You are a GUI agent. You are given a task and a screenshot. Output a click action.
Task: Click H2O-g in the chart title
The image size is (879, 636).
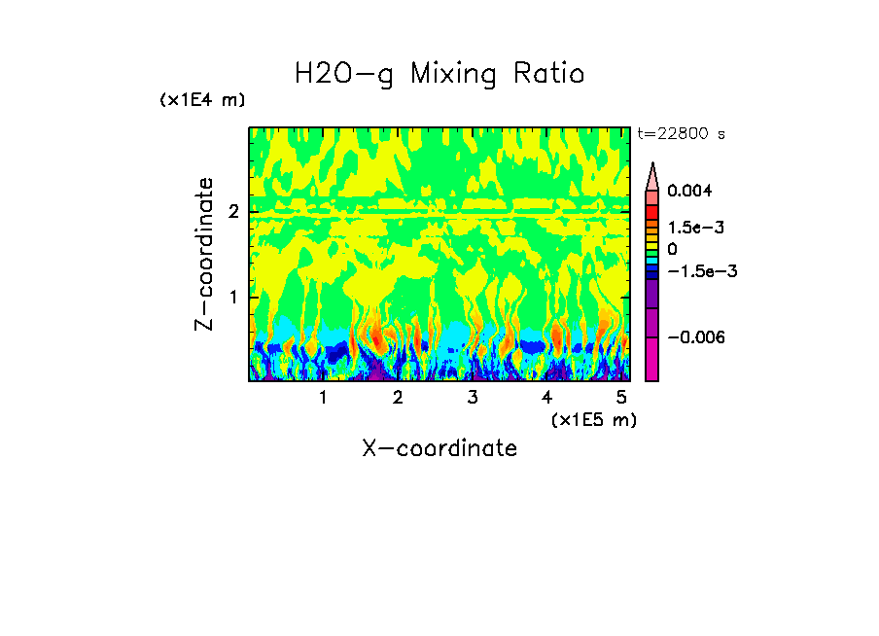click(344, 74)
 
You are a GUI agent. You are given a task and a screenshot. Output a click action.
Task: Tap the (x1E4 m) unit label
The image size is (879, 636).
click(202, 100)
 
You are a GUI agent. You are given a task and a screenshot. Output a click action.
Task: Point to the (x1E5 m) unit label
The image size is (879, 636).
click(593, 419)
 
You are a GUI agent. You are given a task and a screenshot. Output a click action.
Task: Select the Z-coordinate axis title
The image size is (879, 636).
click(204, 254)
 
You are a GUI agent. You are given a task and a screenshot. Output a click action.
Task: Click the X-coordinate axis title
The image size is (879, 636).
click(439, 448)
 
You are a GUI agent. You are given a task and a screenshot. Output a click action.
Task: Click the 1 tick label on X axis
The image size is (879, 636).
click(323, 398)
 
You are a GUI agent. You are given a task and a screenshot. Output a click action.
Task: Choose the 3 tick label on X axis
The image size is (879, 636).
click(473, 398)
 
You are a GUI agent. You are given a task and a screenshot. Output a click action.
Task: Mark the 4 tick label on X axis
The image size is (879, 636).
click(547, 398)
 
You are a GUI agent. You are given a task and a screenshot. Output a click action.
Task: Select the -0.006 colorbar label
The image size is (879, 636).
click(694, 336)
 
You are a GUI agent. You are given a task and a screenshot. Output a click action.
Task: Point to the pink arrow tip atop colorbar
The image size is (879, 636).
click(652, 175)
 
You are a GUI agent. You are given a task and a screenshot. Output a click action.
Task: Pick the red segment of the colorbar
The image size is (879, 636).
click(652, 211)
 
